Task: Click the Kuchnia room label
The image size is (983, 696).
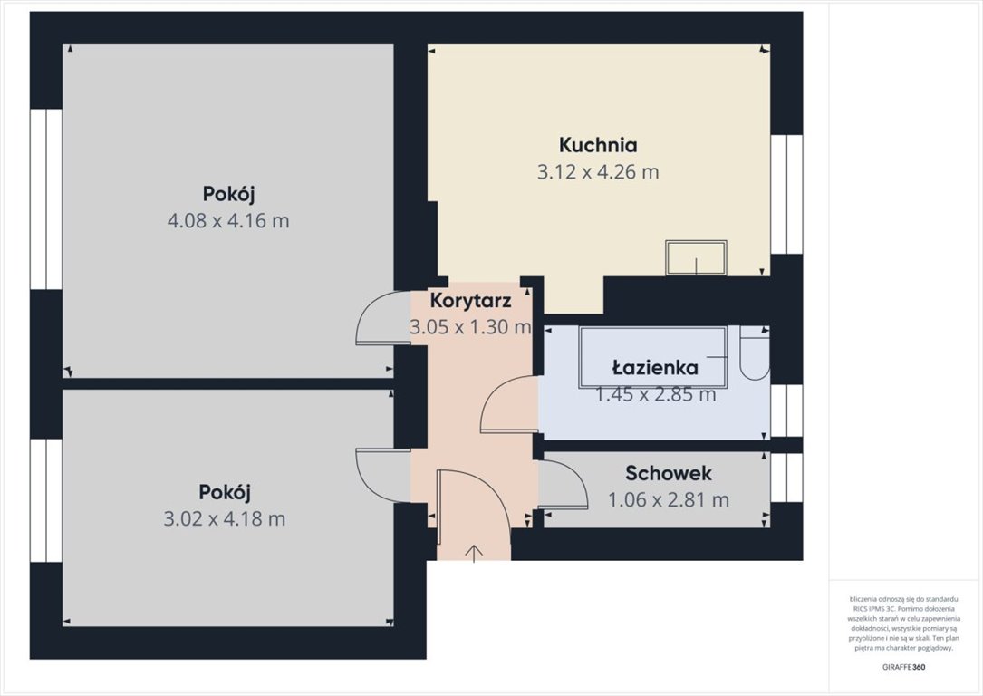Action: click(598, 145)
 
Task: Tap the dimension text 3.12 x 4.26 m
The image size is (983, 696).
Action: click(598, 172)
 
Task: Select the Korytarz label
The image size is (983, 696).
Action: click(471, 300)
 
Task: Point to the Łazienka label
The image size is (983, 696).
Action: click(654, 368)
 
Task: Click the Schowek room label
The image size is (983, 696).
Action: click(669, 473)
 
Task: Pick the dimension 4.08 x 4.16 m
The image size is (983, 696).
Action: click(228, 220)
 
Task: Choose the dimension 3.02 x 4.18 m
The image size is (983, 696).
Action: click(225, 519)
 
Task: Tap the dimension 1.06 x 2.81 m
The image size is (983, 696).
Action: click(669, 499)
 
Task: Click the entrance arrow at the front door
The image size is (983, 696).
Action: click(475, 552)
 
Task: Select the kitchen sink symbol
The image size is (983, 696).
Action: click(696, 257)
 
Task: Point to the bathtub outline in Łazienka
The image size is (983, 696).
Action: click(652, 356)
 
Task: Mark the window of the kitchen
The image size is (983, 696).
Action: click(786, 194)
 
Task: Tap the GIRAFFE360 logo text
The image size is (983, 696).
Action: click(903, 667)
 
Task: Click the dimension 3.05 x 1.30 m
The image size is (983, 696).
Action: click(470, 328)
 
